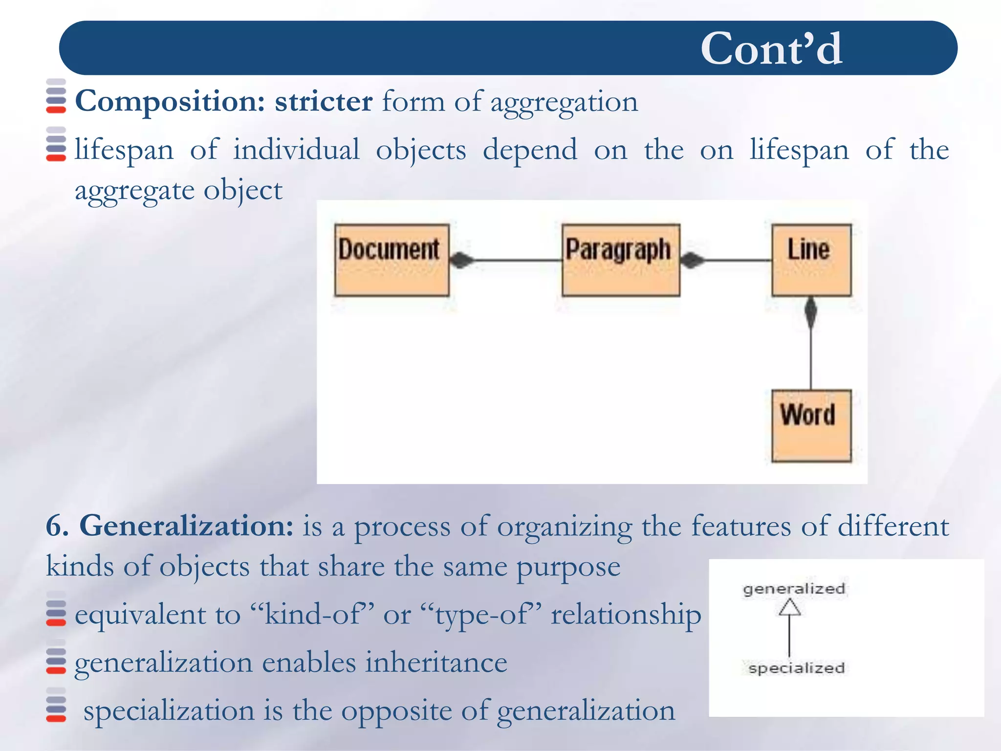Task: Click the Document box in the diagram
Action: click(x=392, y=260)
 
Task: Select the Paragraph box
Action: click(x=620, y=260)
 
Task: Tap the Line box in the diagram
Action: click(x=811, y=260)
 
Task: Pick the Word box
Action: click(x=811, y=425)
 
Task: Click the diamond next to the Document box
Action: click(x=461, y=260)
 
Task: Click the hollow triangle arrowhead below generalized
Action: click(x=789, y=608)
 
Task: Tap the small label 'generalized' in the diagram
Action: click(x=794, y=589)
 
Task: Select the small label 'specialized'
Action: click(x=796, y=668)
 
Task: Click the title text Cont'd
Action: click(x=771, y=48)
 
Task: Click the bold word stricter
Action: click(x=324, y=102)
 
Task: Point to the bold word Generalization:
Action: click(x=186, y=526)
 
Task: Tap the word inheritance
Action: click(x=436, y=663)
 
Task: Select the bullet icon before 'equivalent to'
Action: click(x=56, y=613)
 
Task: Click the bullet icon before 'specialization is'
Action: click(x=56, y=709)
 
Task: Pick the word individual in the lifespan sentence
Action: click(x=296, y=150)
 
